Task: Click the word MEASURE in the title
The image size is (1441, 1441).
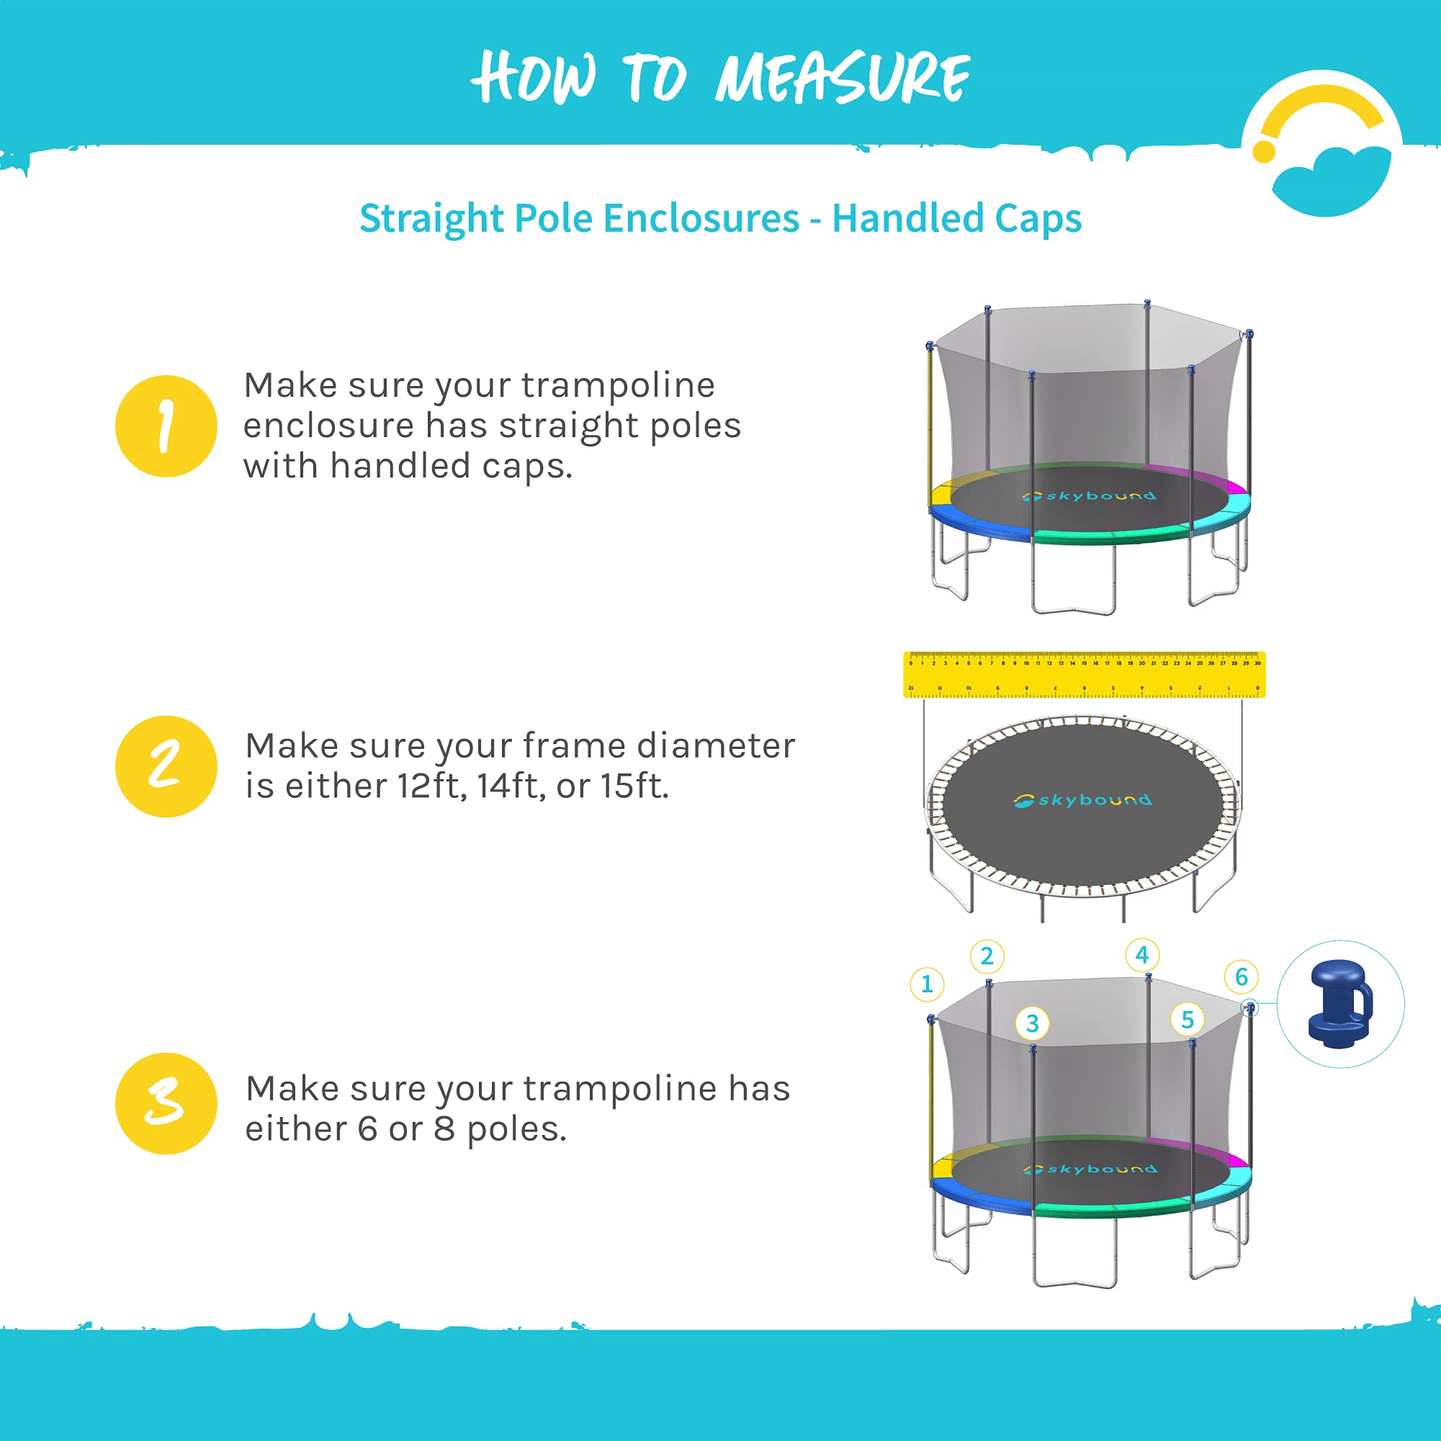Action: coord(843,78)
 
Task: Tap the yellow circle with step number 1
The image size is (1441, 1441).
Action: coord(166,426)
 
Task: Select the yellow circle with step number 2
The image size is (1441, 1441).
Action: coord(166,766)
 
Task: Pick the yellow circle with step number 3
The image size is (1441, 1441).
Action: coord(166,1103)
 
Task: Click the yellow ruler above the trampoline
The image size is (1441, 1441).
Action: coord(1084,674)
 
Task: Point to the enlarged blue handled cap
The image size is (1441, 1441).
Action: coord(1340,1004)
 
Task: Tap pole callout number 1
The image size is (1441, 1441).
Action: coord(926,984)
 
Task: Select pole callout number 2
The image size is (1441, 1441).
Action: coord(987,956)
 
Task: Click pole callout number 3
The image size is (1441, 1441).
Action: coord(1032,1023)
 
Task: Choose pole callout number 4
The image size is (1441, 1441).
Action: coord(1142,955)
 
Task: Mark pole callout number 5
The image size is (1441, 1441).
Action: coord(1188,1020)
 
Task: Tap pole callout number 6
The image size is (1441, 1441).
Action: coord(1241,977)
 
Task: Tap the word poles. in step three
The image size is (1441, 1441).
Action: coord(517,1129)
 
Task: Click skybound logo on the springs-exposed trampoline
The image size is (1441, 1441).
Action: coord(1082,800)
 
